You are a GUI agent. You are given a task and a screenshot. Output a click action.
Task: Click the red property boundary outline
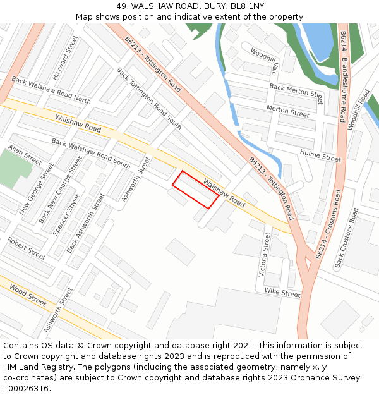[x=196, y=190]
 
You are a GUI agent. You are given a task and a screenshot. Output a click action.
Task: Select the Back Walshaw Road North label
[x=51, y=90]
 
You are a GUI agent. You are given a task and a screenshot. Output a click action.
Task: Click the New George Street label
[x=36, y=188]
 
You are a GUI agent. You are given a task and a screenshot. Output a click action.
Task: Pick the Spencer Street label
[x=66, y=214]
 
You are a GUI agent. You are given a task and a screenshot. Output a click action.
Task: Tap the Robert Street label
[x=27, y=248]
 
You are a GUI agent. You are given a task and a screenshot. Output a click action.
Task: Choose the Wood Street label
[x=28, y=295]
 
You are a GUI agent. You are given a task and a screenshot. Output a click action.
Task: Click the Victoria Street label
[x=265, y=254]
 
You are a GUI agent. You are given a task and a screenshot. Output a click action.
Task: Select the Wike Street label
[x=282, y=293]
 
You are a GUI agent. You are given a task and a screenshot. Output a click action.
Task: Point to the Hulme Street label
[x=320, y=156]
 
